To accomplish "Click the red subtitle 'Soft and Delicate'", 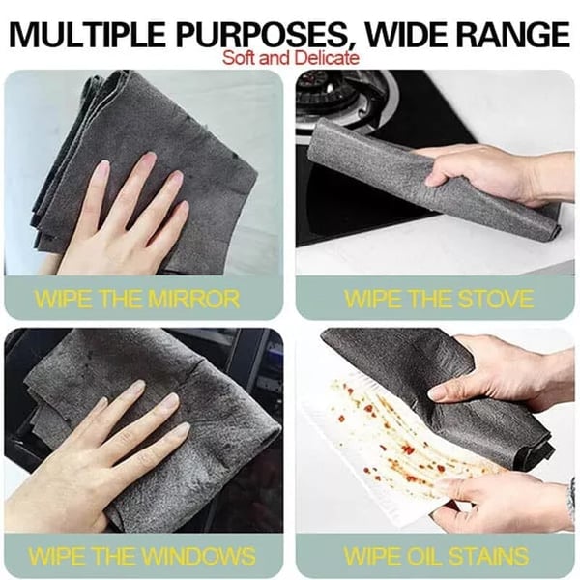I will [290, 58].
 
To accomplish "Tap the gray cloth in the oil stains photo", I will [406, 367].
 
